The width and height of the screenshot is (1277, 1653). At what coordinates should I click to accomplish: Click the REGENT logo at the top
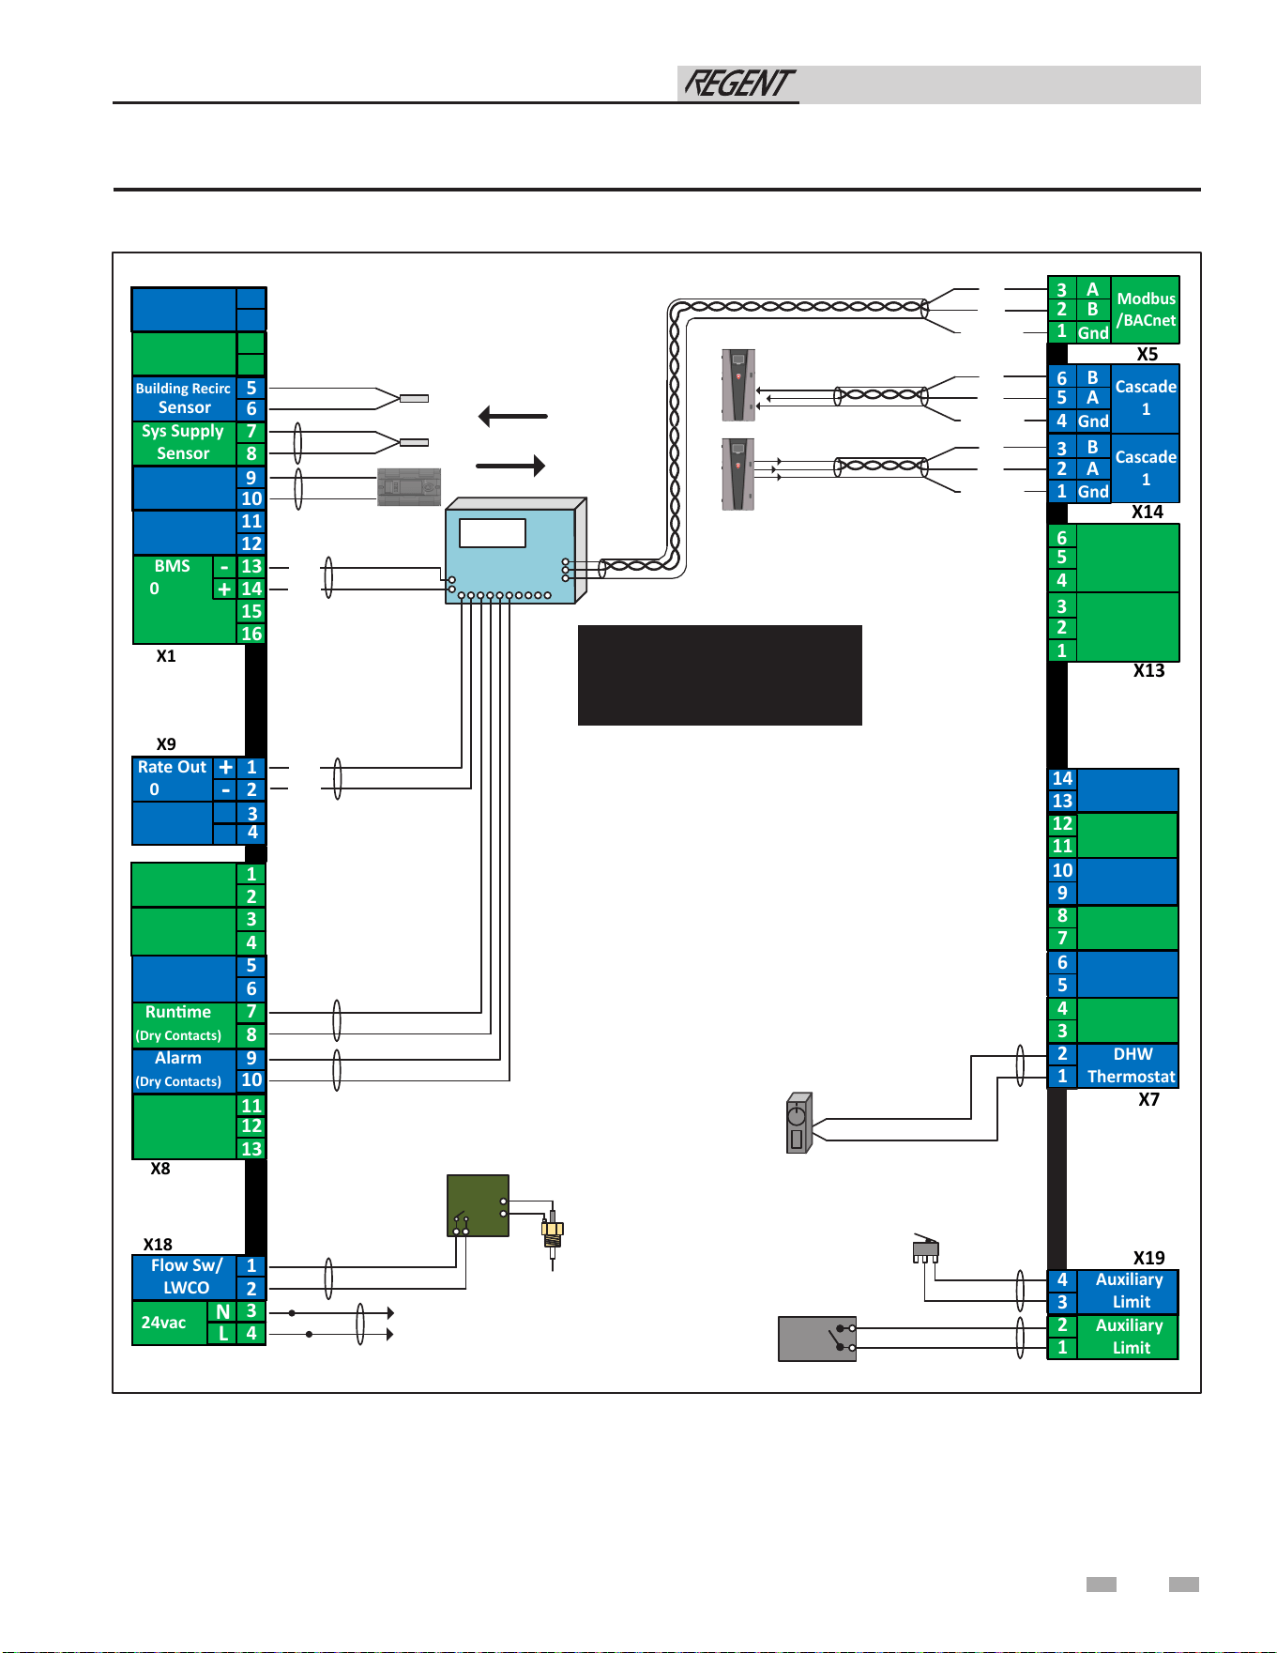coord(739,84)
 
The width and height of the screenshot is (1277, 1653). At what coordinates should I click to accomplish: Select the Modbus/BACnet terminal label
coord(1146,310)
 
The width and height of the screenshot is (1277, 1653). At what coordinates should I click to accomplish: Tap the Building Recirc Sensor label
coord(184,398)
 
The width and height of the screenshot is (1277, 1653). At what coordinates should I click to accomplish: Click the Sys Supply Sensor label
coord(183,442)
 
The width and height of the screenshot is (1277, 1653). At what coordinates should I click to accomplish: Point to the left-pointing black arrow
coord(512,416)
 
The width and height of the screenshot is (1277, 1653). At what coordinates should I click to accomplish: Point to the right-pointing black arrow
coord(510,466)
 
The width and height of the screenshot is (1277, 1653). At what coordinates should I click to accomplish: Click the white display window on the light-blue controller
coord(493,533)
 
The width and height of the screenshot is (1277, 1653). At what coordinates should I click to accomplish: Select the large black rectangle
coord(720,675)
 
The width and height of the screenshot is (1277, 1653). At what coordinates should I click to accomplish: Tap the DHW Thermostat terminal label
coord(1132,1065)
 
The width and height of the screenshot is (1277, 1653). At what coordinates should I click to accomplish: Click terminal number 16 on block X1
coord(251,634)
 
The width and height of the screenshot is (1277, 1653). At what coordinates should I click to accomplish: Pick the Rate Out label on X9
coord(172,778)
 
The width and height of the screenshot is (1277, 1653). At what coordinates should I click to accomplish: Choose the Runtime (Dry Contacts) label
coord(178,1023)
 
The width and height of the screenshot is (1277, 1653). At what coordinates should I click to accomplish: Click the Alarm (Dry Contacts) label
coord(178,1069)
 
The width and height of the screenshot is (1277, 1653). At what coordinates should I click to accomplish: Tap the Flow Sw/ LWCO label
coord(187,1277)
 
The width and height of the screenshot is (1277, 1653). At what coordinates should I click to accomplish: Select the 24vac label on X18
coord(163,1323)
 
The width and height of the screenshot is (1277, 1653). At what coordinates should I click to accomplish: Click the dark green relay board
coord(479,1205)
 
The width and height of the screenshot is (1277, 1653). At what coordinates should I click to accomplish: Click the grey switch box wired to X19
coord(817,1339)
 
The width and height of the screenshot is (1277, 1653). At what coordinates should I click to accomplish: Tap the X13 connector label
coord(1148,670)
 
